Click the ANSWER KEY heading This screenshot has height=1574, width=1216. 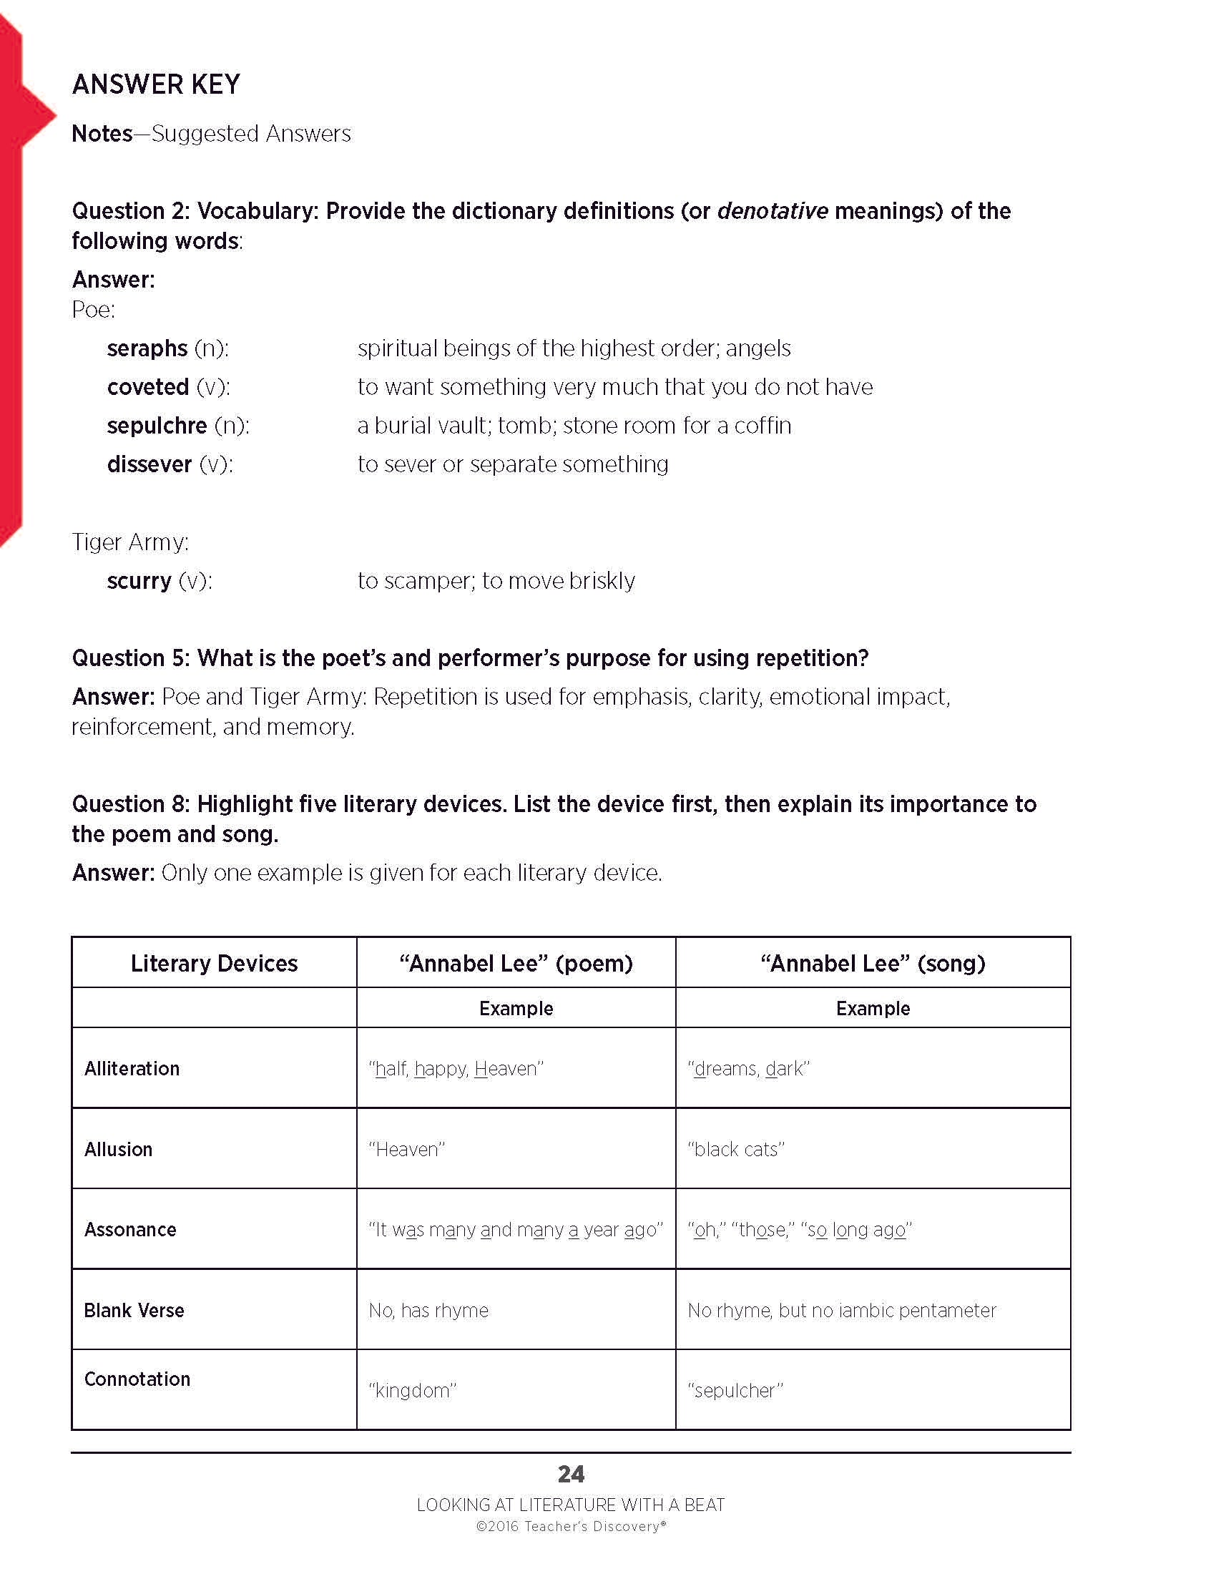point(156,84)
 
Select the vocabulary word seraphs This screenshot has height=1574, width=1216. point(147,349)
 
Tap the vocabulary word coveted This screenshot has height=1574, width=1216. point(147,387)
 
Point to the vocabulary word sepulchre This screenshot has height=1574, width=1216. point(157,426)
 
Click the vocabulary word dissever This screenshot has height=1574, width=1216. point(149,464)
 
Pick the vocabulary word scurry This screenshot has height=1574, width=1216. point(139,581)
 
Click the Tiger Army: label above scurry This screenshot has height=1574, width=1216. point(130,542)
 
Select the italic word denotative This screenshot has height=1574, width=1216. point(773,211)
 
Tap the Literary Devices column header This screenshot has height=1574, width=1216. point(214,964)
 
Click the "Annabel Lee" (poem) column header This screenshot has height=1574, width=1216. point(516,964)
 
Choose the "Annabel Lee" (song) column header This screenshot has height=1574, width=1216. point(873,964)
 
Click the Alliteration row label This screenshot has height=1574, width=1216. point(132,1069)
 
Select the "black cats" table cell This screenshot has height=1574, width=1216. point(735,1150)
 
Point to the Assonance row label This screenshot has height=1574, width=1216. point(130,1229)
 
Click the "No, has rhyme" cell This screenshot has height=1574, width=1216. point(428,1310)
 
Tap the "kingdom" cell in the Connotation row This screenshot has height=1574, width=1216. point(413,1390)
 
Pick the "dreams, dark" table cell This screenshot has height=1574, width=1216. point(748,1069)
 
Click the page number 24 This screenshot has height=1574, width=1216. point(571,1475)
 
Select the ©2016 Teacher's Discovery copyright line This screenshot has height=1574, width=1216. point(571,1527)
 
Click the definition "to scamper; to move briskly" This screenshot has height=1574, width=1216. point(496,581)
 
